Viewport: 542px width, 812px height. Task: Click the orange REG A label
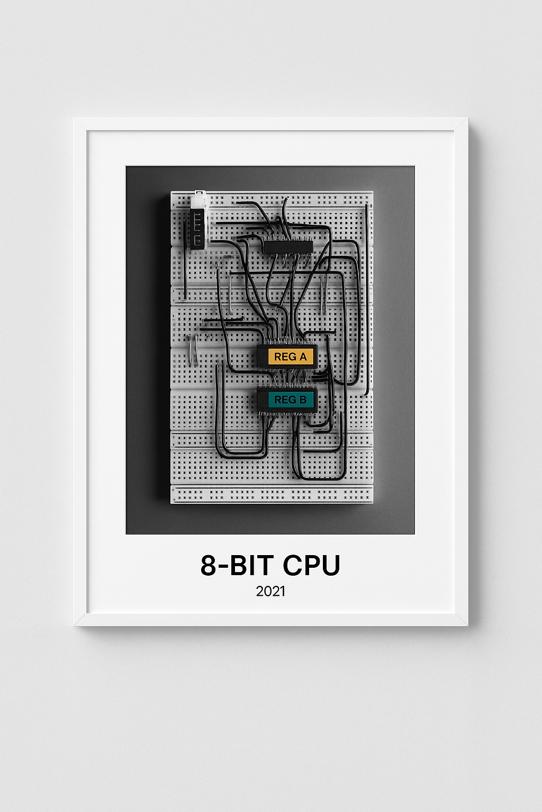(290, 357)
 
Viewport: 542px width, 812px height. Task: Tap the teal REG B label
(290, 400)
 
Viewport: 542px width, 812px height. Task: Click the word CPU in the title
(311, 565)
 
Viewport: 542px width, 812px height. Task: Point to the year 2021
(270, 591)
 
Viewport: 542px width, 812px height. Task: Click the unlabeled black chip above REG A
(287, 246)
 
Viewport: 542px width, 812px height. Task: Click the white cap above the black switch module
(199, 200)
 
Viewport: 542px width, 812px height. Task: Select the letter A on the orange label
(303, 357)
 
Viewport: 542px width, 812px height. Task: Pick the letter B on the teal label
(303, 400)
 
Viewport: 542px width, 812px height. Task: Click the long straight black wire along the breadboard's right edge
(366, 296)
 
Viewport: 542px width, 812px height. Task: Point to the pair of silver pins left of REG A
(193, 349)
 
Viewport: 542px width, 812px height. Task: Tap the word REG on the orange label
(285, 357)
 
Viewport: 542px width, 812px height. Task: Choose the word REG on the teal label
(285, 400)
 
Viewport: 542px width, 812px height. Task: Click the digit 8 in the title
(209, 565)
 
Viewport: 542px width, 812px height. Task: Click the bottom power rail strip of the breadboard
(272, 495)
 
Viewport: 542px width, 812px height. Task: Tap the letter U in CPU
(330, 565)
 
